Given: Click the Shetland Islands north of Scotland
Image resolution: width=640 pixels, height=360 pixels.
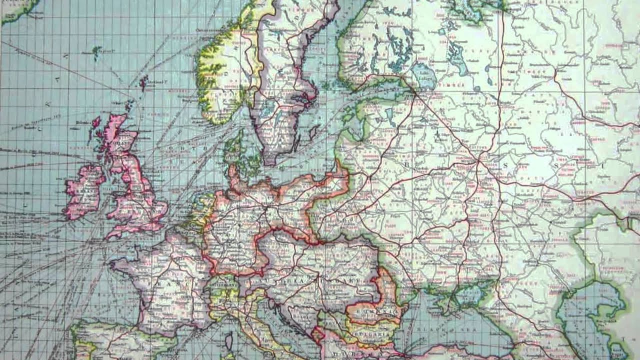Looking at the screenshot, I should (x=144, y=82).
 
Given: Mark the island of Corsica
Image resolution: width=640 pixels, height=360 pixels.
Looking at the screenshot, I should (x=229, y=342).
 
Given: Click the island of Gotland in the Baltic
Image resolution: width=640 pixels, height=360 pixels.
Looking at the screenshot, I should (x=314, y=132).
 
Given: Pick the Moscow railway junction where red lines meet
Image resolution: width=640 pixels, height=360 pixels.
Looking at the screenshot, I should (x=479, y=161).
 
